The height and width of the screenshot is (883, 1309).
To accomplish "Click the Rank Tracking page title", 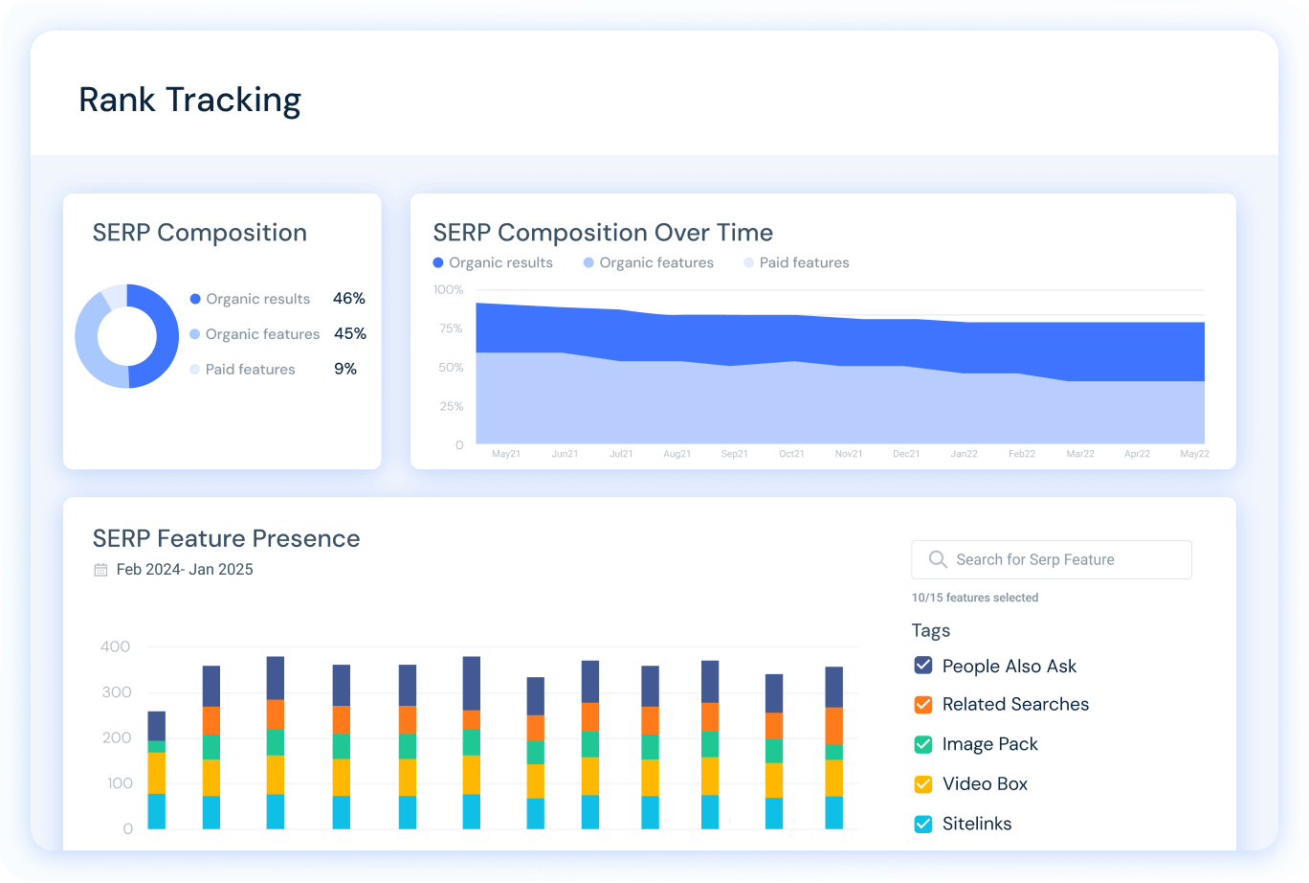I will (x=189, y=100).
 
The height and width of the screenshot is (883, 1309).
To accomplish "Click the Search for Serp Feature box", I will (x=1051, y=559).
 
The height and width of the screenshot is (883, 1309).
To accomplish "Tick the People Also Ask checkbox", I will (x=923, y=666).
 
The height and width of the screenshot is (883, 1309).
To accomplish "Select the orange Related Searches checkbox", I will (x=923, y=704).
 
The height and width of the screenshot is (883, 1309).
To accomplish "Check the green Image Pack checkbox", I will (x=923, y=744).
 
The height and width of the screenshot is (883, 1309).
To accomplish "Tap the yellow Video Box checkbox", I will (x=923, y=783).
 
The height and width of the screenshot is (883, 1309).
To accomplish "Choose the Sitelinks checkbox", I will (x=923, y=824).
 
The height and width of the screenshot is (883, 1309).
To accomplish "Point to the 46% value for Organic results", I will (x=349, y=299).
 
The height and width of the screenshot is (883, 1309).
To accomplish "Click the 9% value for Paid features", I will (x=345, y=369).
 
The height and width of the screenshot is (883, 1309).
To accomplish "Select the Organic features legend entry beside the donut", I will (x=261, y=334).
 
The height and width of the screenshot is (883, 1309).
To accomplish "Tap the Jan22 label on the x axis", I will (x=965, y=454).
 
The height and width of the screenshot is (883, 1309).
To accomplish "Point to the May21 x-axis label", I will (x=506, y=454).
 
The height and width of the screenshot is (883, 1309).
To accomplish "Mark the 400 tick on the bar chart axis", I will (x=116, y=646).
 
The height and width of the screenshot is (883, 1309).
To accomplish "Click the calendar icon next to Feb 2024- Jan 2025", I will (x=100, y=570).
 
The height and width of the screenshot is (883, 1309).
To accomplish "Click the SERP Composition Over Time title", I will (x=603, y=233).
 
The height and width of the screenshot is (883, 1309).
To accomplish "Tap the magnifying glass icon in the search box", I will (x=938, y=559).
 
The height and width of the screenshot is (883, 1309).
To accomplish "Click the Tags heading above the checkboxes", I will (x=931, y=630).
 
